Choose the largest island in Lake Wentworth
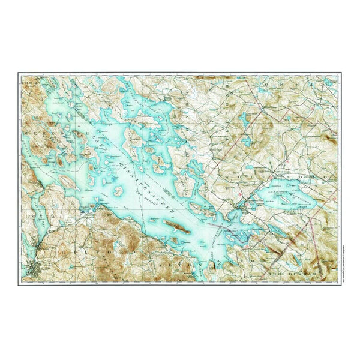[x=282, y=196]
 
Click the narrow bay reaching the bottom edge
[x=210, y=264]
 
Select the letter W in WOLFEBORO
[x=224, y=179]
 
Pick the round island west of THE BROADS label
[x=120, y=196]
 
